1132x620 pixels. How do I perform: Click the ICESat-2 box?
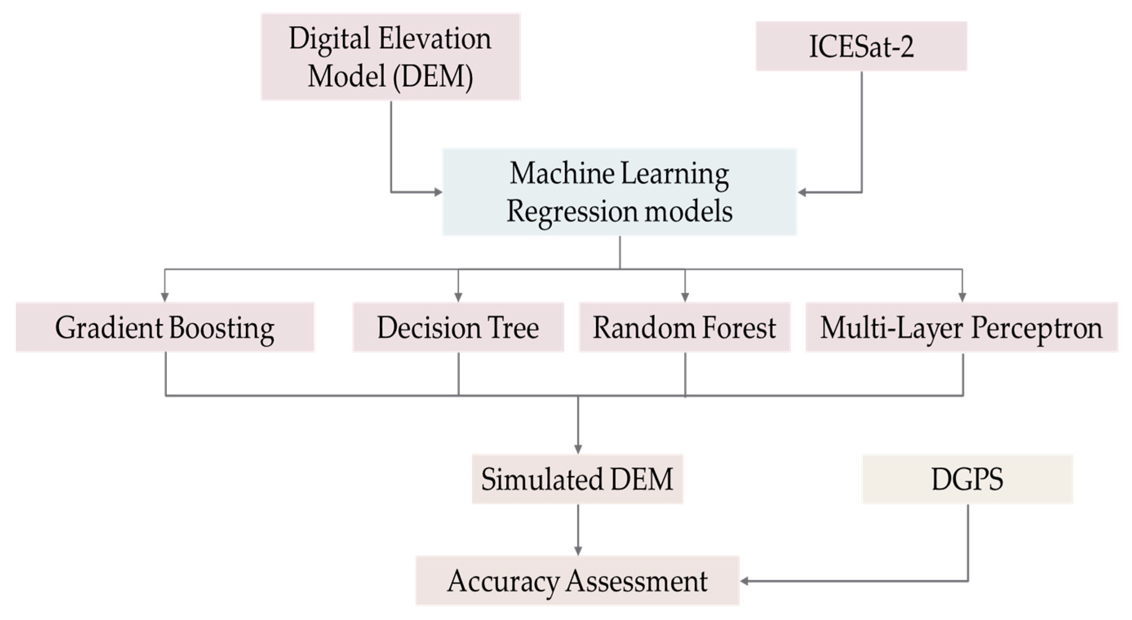tap(861, 46)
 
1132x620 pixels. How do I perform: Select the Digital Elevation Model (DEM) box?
tap(390, 57)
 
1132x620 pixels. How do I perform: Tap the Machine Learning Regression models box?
tap(619, 192)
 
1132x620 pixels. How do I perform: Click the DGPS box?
tap(967, 478)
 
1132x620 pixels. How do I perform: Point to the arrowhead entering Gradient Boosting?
tap(165, 297)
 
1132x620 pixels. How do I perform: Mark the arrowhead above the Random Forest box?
tap(684, 297)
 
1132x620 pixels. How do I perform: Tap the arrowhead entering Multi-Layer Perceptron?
tap(962, 297)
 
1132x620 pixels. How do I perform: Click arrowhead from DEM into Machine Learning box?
tap(438, 192)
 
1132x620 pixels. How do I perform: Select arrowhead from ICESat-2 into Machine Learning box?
tap(802, 192)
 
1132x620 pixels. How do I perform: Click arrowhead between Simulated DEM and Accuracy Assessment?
tap(578, 551)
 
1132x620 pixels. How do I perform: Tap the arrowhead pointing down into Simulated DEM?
tap(578, 449)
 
